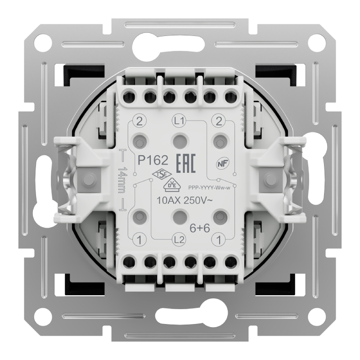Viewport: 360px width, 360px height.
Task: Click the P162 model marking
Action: point(153,160)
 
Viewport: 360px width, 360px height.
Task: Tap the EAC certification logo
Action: point(186,163)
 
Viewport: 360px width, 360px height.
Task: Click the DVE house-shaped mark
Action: point(172,185)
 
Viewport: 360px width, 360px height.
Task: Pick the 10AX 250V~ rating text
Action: point(184,200)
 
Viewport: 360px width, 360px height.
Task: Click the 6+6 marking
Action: point(200,228)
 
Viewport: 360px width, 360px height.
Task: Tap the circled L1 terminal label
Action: point(179,121)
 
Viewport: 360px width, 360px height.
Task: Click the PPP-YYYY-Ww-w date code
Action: point(209,188)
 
